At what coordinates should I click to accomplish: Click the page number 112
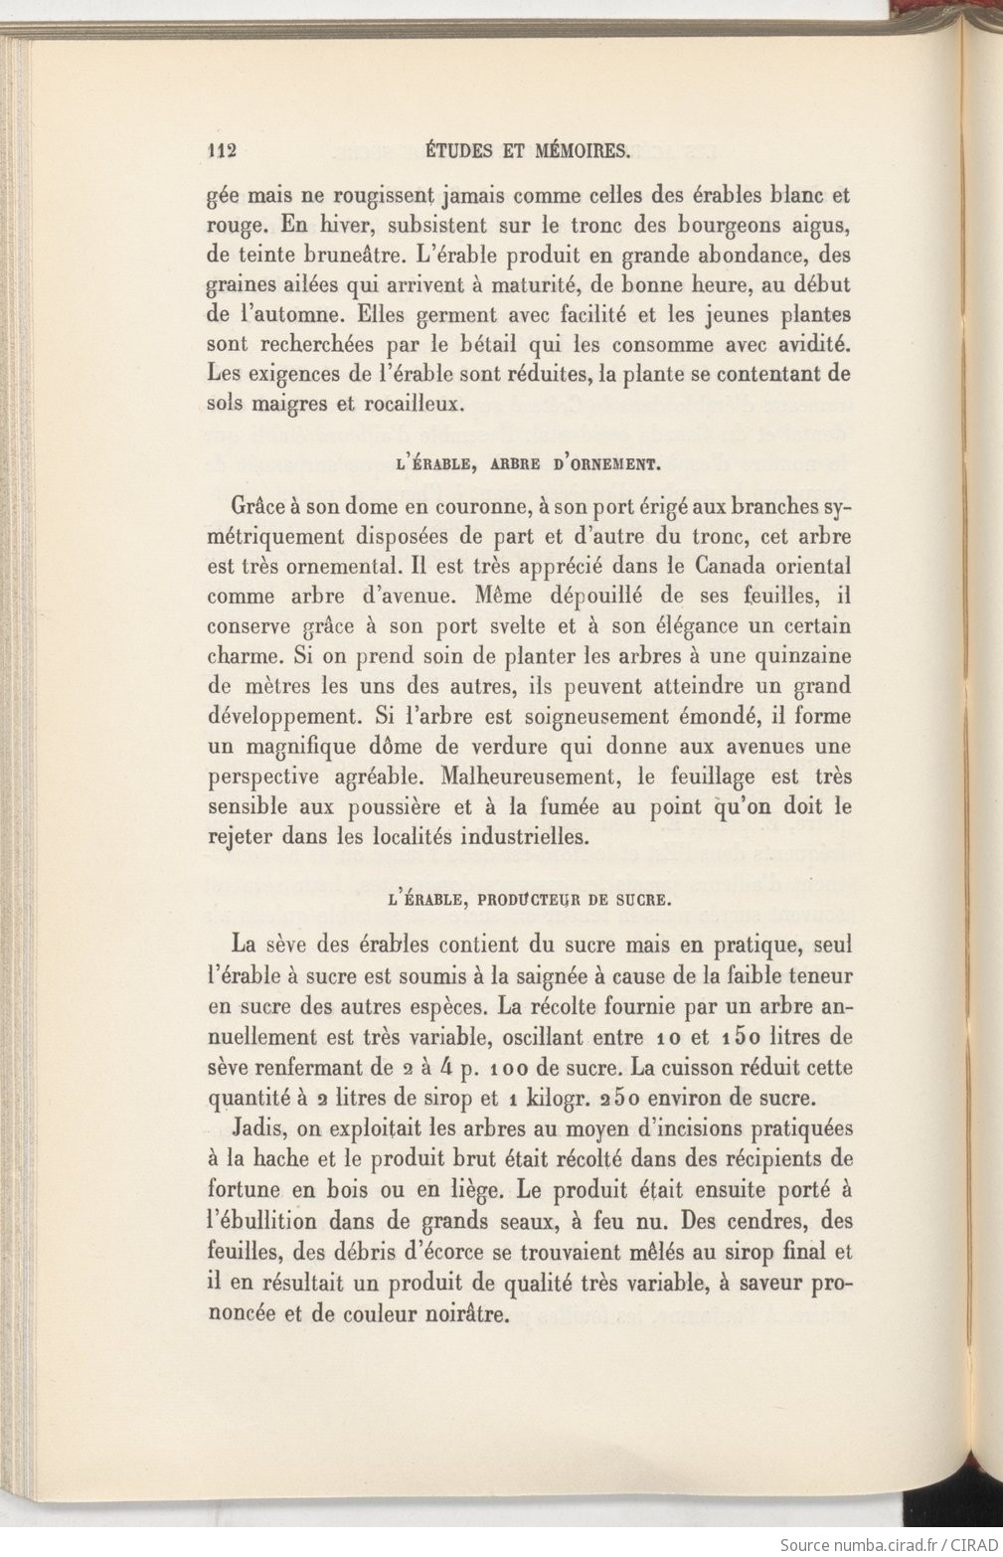click(x=220, y=152)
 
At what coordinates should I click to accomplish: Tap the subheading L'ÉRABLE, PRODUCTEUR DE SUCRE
click(x=530, y=902)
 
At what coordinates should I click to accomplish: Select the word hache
click(x=285, y=1159)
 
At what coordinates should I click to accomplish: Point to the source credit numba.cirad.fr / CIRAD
click(x=890, y=1545)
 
